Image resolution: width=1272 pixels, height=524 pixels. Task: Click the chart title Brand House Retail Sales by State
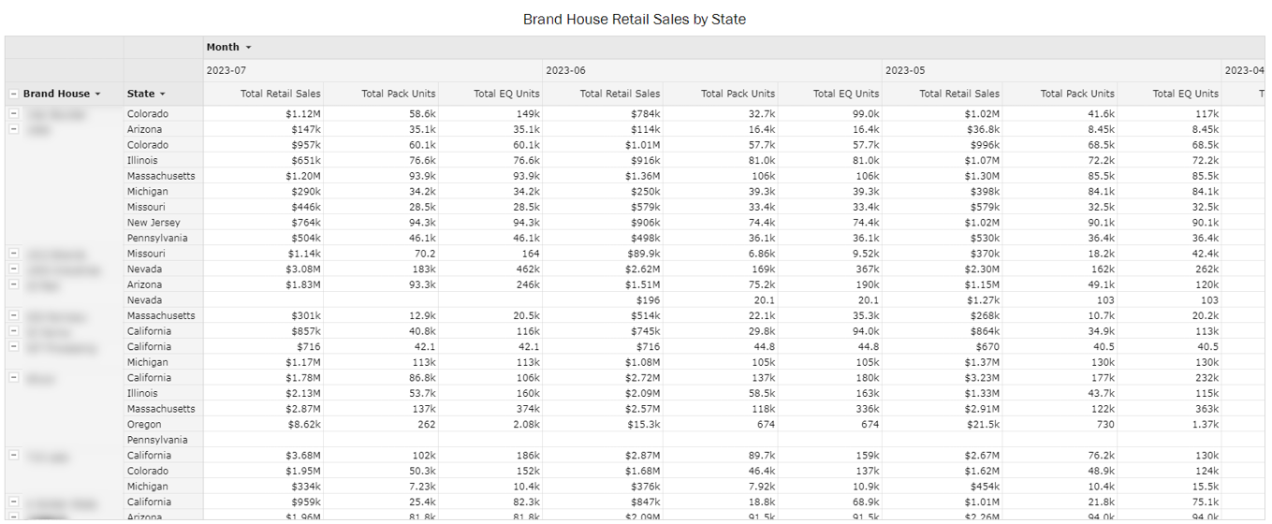coord(635,19)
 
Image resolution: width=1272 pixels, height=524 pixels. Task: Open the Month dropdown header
coord(228,47)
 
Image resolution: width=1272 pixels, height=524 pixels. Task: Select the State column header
coord(145,94)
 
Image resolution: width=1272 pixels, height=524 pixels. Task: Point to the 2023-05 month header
coord(905,70)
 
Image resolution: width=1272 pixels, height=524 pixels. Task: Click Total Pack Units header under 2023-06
coord(738,94)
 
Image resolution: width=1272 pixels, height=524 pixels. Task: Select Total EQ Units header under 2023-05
coord(1185,94)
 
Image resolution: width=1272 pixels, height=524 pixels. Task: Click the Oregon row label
coord(144,424)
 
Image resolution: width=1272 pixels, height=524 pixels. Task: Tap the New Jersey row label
coord(154,223)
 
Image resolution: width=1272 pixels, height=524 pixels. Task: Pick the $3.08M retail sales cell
coord(302,269)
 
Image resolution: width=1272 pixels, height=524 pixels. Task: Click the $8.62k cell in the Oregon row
coord(302,424)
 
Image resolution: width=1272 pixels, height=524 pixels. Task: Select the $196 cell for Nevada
coord(647,300)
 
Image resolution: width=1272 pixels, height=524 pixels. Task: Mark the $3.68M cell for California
coord(302,456)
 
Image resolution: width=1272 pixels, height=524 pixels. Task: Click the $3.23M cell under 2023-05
coord(981,378)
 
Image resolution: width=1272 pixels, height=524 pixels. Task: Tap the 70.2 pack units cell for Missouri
coord(423,254)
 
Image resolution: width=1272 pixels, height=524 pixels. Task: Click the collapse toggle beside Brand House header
coord(13,94)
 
